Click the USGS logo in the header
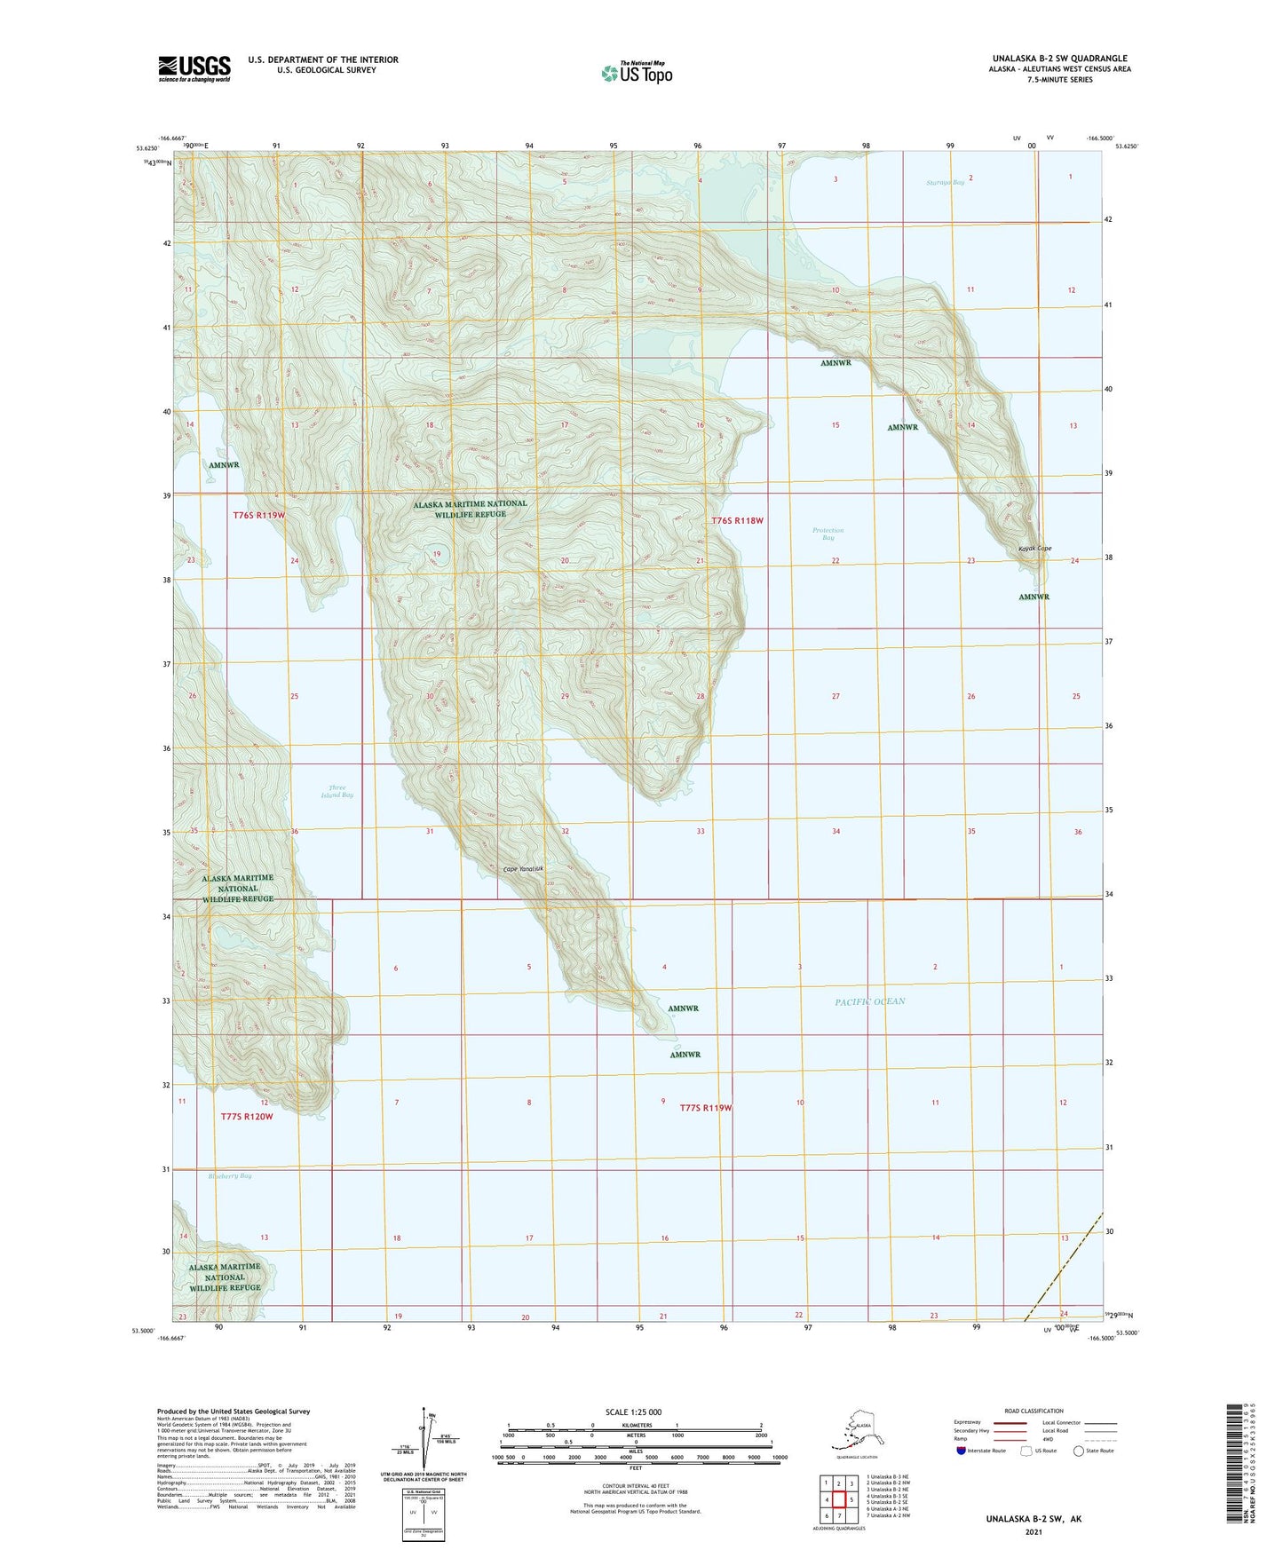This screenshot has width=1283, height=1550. coord(194,68)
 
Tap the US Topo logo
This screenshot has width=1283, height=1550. coord(636,73)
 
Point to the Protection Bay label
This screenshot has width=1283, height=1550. coord(828,534)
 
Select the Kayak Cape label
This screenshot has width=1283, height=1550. coord(1034,549)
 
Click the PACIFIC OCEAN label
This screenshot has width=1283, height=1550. coord(869,1001)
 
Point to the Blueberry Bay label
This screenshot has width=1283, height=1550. coord(230,1176)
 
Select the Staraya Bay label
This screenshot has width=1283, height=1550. coord(944,182)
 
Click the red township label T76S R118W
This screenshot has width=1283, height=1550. coord(737,521)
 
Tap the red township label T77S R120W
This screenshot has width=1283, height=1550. coord(246,1117)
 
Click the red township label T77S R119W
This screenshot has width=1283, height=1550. coord(705,1108)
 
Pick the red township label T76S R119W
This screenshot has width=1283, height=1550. coord(258,516)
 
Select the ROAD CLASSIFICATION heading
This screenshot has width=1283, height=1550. coord(1034,1411)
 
